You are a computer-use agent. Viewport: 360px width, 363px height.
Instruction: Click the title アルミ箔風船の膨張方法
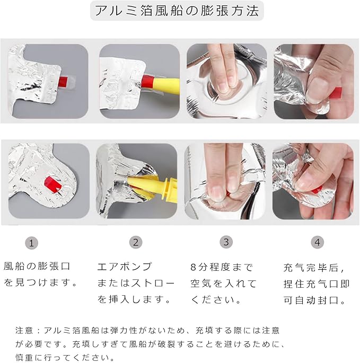(x=177, y=11)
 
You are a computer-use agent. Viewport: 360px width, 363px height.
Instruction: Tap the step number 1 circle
(x=31, y=243)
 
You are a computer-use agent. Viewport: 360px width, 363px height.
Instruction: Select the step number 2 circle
(x=136, y=242)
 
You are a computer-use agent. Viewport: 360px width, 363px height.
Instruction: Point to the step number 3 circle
(x=226, y=242)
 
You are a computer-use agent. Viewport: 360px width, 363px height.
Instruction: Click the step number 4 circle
(x=318, y=242)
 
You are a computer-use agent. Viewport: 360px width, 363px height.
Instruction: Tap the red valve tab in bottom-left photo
(x=53, y=184)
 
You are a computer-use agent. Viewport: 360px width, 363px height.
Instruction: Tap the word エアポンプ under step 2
(x=125, y=267)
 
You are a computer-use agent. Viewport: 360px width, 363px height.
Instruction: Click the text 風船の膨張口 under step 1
(x=37, y=266)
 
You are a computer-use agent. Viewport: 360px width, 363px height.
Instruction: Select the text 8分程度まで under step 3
(x=222, y=268)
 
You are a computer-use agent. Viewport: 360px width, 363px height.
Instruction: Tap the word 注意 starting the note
(x=24, y=330)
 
